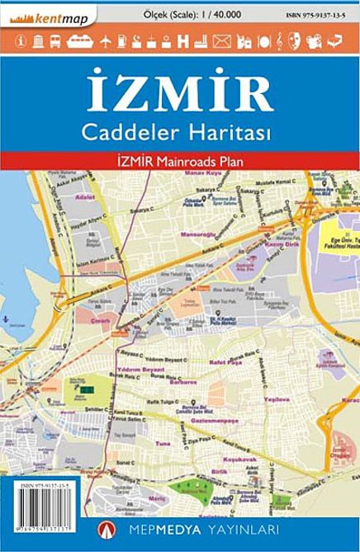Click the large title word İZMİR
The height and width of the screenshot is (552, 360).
(x=179, y=93)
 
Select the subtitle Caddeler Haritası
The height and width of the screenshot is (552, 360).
(x=179, y=130)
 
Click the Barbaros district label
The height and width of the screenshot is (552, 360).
(x=182, y=383)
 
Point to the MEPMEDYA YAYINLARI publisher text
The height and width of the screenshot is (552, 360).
(x=206, y=528)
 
